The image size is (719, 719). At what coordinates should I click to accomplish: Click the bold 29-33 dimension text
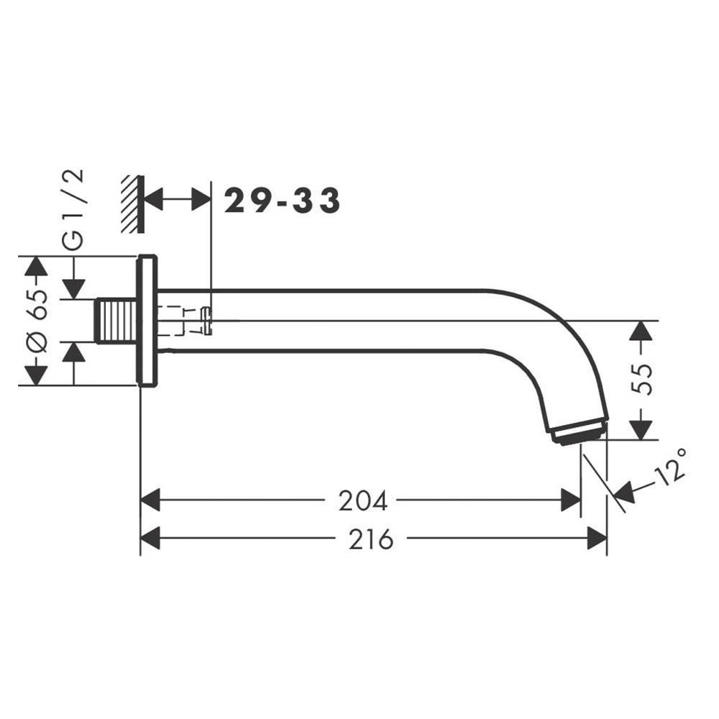(x=282, y=201)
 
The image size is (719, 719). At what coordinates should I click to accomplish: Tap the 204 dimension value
(x=362, y=500)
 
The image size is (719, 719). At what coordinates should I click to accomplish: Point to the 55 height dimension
(x=641, y=379)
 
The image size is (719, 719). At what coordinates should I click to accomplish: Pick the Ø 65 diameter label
(x=36, y=321)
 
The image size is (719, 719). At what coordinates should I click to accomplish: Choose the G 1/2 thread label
(x=73, y=209)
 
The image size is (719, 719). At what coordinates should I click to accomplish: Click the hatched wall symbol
(x=132, y=204)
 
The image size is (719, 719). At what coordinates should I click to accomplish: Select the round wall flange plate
(x=147, y=321)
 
